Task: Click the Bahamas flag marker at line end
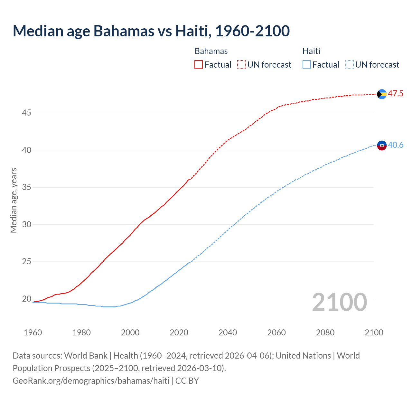point(382,94)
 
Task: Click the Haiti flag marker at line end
point(382,145)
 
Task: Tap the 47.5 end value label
point(396,94)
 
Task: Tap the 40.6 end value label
point(396,145)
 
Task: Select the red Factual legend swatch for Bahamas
point(199,65)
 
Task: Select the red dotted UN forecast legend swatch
point(241,65)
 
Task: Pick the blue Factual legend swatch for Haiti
point(307,65)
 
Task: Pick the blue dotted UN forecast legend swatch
point(349,65)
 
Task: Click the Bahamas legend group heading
point(211,51)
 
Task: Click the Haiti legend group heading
point(311,51)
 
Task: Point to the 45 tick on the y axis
point(26,113)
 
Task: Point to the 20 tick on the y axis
point(26,299)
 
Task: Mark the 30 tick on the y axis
point(26,225)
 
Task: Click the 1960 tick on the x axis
point(33,332)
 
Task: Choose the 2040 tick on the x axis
point(228,332)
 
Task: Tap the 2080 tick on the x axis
point(325,332)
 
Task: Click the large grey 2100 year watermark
point(339,302)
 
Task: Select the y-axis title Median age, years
point(14,200)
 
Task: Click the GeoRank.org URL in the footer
point(91,381)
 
